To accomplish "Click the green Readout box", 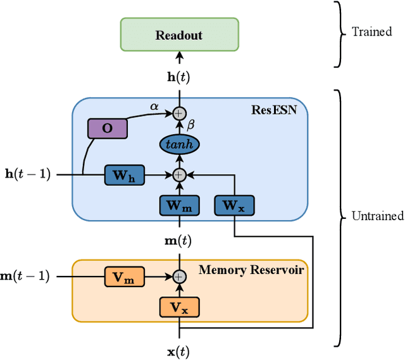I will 179,35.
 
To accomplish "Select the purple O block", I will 107,128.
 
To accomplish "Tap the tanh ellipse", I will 179,145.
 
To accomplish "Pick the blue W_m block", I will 179,205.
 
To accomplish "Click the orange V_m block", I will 124,276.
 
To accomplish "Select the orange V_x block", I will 179,307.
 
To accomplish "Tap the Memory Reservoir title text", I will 251,270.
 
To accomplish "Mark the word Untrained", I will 377,216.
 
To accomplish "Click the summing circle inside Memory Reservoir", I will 179,276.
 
